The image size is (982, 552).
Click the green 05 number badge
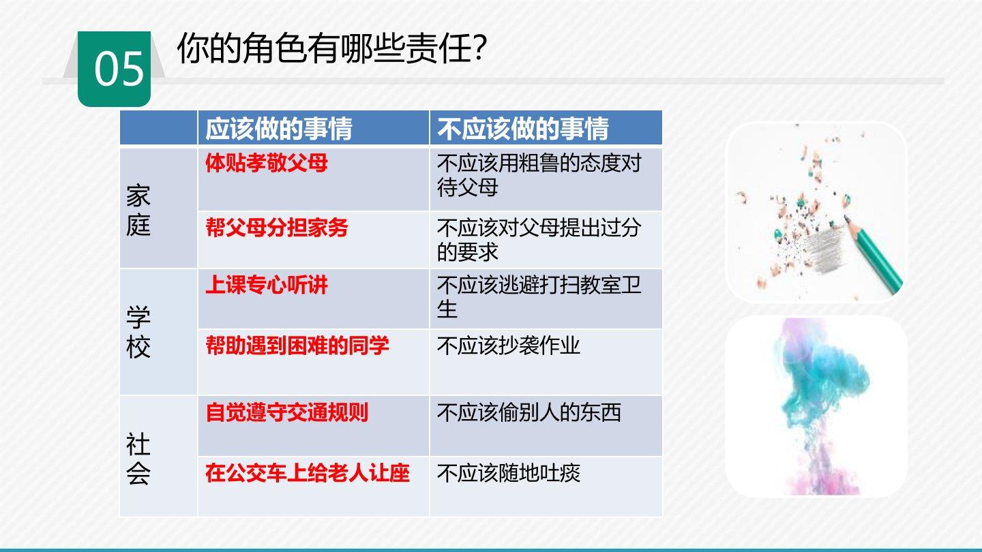point(114,69)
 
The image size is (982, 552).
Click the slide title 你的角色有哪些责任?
point(332,48)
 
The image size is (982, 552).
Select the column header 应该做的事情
point(279,128)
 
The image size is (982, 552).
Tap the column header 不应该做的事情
point(522,128)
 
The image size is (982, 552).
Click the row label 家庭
point(138,211)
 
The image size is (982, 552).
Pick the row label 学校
point(138,332)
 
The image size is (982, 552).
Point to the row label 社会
point(138,459)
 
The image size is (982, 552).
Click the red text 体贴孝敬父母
point(267,163)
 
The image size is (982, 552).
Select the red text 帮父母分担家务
point(277,228)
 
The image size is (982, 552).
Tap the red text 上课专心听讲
point(267,285)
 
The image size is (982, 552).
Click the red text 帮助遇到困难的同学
point(297,346)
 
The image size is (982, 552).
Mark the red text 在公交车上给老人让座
point(308,473)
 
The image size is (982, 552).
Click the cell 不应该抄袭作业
point(509,346)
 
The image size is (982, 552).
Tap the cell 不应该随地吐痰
point(509,473)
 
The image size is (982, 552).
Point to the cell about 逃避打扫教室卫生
point(539,297)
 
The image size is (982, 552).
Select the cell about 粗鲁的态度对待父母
point(539,175)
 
